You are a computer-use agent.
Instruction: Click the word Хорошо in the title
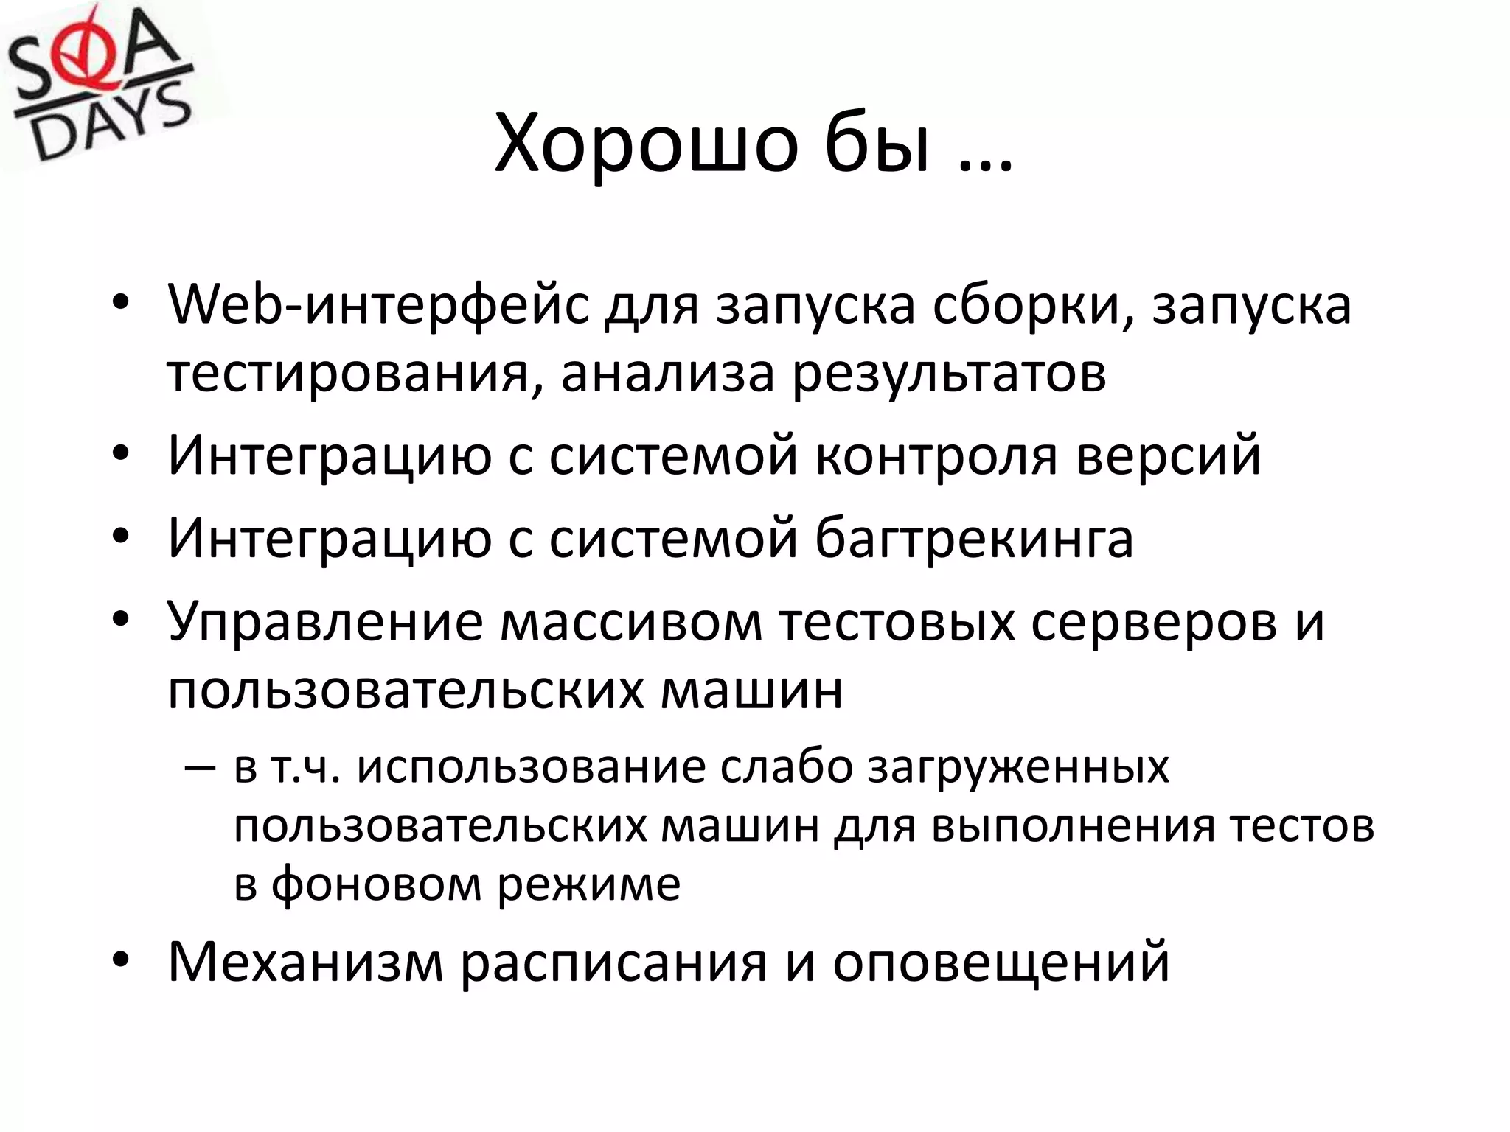click(x=646, y=144)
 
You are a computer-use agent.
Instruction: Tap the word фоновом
click(x=376, y=884)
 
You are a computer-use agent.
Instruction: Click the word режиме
click(x=589, y=884)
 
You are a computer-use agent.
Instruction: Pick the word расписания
click(x=613, y=962)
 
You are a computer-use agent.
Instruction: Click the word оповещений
click(x=1001, y=962)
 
